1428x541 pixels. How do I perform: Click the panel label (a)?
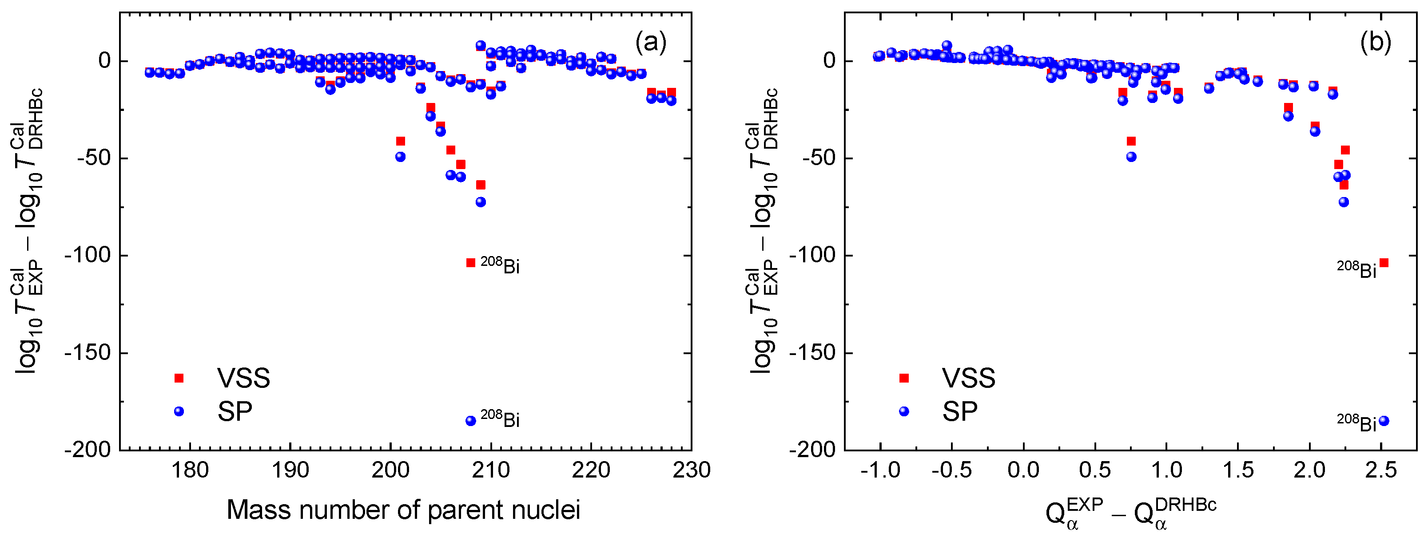pos(651,42)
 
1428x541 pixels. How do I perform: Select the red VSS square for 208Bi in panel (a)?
pos(471,262)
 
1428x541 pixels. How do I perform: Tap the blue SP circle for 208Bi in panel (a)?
pos(471,421)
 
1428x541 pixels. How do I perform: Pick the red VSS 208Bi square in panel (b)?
pos(1384,262)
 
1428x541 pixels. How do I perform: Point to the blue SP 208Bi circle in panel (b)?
pos(1384,421)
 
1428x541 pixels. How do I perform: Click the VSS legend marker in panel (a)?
pos(179,378)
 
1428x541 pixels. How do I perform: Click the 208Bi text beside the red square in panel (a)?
pos(500,266)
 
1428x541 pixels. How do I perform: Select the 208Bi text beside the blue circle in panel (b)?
pos(1356,423)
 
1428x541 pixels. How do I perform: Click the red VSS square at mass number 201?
pos(400,141)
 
